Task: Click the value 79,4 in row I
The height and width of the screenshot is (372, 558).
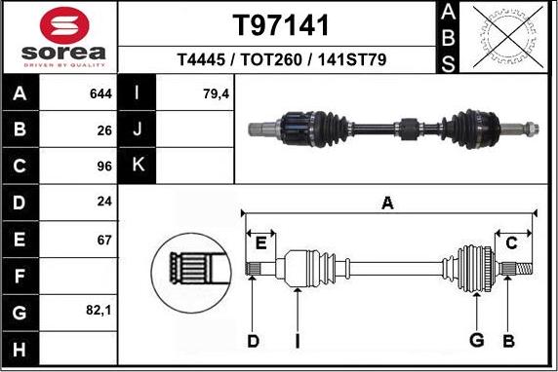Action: click(x=187, y=94)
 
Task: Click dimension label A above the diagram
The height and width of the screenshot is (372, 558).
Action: click(x=387, y=203)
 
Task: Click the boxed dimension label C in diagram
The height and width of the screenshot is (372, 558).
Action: click(x=511, y=242)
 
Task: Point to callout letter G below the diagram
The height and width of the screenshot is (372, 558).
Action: click(x=477, y=340)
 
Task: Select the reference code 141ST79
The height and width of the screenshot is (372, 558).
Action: click(x=350, y=60)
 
